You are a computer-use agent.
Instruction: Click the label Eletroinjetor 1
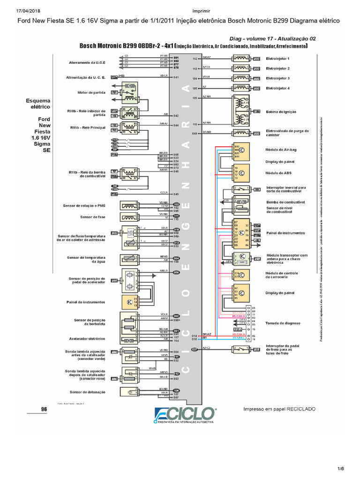[277, 59]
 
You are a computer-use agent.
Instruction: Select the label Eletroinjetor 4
[277, 88]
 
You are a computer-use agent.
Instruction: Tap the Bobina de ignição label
[281, 112]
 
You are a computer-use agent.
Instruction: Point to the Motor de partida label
[91, 93]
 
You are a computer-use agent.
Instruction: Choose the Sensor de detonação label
[88, 392]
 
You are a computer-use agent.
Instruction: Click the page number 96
[44, 409]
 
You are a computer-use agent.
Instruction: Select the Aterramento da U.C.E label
[87, 62]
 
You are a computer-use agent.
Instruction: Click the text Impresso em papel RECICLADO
[279, 409]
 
